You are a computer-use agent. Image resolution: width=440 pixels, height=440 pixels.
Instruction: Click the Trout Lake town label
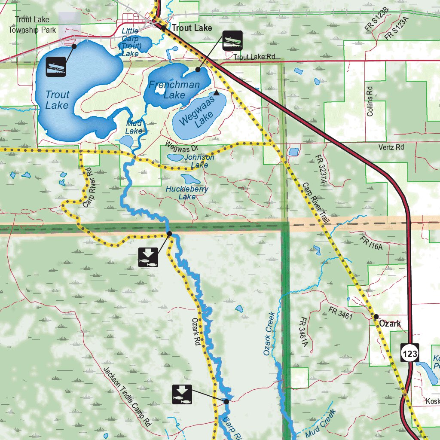click(x=192, y=28)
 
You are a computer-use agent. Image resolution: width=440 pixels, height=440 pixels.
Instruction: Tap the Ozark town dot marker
click(x=376, y=317)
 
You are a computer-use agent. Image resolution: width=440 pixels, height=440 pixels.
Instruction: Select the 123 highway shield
click(x=410, y=354)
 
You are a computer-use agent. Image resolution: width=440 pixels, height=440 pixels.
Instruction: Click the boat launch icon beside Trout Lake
click(x=56, y=67)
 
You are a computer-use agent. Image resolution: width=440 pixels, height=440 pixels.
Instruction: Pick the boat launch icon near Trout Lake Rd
click(x=232, y=41)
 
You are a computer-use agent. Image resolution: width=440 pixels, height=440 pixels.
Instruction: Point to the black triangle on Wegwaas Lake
click(x=216, y=92)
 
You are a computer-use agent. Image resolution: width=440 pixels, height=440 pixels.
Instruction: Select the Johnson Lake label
click(x=199, y=161)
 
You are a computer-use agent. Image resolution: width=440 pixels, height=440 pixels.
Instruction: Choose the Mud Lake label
click(x=134, y=127)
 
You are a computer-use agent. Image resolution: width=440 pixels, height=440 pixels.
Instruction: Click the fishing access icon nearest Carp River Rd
click(x=148, y=257)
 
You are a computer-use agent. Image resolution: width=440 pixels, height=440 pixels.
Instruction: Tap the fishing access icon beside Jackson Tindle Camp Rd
click(x=182, y=394)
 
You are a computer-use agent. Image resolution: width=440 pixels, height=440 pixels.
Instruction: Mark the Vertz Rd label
click(x=391, y=147)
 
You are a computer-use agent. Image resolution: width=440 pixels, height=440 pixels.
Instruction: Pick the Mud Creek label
click(x=320, y=424)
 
